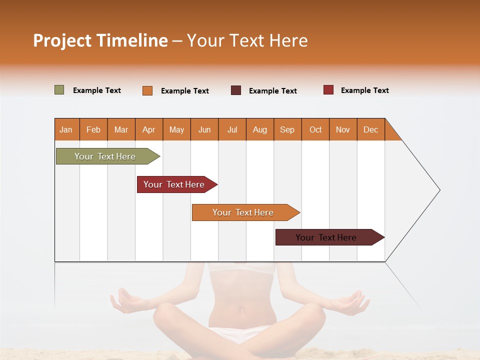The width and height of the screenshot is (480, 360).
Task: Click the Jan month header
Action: [66, 129]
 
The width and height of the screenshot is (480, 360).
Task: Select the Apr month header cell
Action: [149, 129]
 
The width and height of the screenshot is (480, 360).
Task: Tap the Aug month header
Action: [259, 129]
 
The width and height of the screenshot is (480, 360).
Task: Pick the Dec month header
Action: [370, 129]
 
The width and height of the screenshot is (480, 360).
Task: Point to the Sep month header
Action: [287, 129]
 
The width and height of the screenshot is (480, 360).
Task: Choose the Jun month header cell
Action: [204, 129]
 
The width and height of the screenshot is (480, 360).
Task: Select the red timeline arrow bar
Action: [175, 184]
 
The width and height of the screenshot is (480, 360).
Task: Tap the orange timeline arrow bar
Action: [244, 212]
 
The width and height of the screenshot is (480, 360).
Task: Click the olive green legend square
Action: [59, 90]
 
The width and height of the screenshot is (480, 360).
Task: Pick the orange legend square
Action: [147, 90]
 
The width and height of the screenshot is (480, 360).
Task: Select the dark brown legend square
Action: [236, 90]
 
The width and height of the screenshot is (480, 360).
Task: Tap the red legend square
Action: [328, 90]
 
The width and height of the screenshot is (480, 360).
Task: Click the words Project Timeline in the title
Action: [100, 40]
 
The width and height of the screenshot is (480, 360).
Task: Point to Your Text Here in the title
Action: [247, 40]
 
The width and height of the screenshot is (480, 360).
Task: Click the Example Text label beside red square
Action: [364, 90]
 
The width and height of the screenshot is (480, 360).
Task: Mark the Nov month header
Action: [343, 129]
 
